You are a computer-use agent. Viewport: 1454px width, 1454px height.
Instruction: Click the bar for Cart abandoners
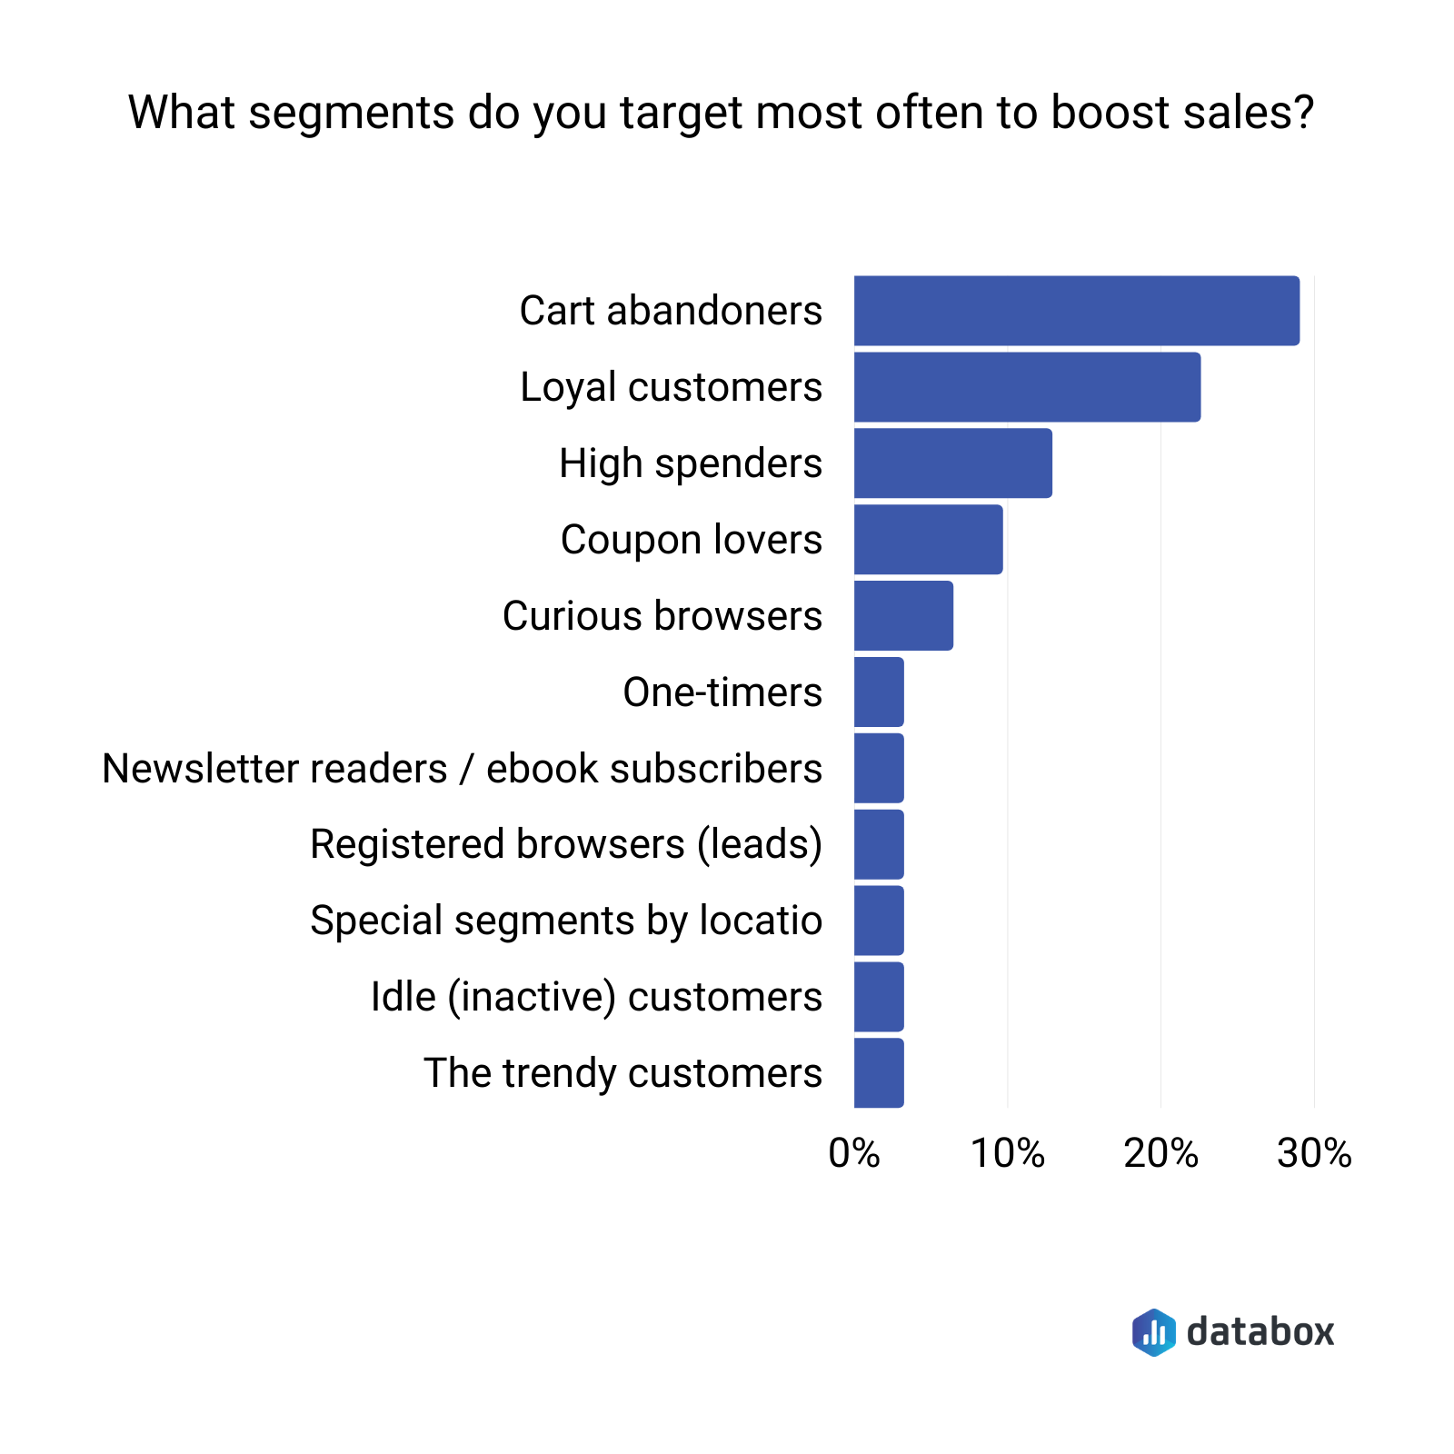point(1076,311)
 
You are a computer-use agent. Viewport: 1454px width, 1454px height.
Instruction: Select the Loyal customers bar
point(1027,387)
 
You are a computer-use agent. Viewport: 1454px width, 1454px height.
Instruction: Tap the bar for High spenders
point(952,463)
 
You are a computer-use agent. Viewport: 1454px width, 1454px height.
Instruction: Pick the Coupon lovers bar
point(928,540)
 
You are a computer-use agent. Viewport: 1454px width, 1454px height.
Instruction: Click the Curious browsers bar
point(903,616)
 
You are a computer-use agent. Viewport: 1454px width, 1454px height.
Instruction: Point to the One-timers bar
point(879,692)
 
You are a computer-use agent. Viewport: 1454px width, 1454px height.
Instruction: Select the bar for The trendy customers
point(879,1073)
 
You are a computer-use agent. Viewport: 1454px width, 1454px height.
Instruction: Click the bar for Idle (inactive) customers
point(879,997)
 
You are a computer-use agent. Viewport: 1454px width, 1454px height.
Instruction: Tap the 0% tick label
point(854,1153)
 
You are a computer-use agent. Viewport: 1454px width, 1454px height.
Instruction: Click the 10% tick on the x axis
point(1007,1153)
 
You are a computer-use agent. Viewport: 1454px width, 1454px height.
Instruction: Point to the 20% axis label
point(1160,1153)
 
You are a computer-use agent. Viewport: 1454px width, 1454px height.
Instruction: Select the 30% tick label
point(1314,1153)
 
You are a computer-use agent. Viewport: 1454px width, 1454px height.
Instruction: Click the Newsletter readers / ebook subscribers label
point(462,769)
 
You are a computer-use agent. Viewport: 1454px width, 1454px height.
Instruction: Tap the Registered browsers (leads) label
point(565,844)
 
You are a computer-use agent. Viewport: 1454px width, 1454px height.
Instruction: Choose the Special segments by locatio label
point(565,921)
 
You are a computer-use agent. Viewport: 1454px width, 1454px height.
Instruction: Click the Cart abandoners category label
point(671,311)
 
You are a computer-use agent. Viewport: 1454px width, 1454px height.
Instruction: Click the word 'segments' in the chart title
point(351,114)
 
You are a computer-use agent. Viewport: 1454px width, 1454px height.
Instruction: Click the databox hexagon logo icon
point(1154,1332)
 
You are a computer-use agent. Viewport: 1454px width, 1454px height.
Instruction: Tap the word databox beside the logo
point(1260,1332)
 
